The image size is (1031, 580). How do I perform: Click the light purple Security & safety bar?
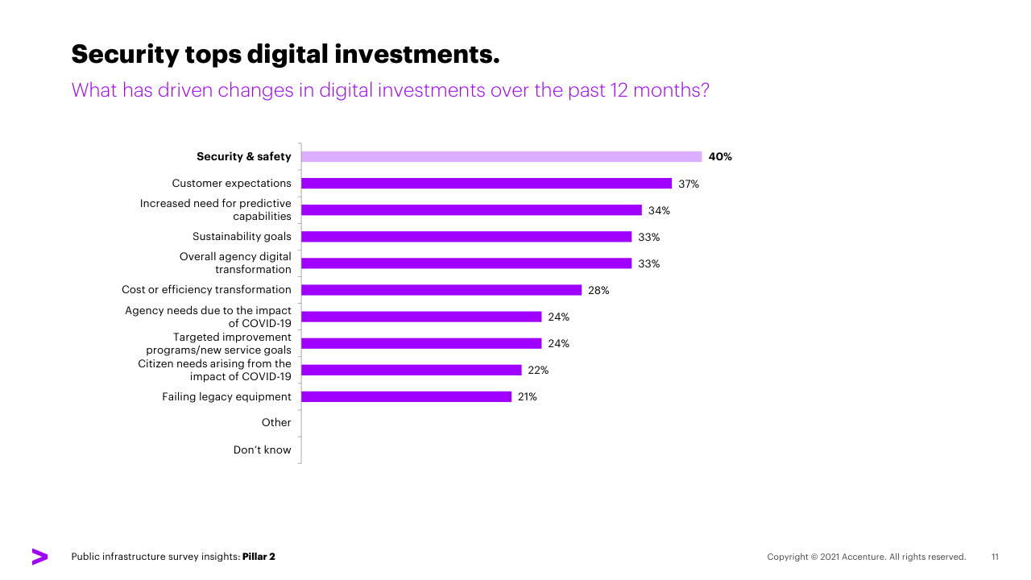click(x=501, y=157)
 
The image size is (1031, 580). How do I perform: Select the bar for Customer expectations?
click(x=487, y=184)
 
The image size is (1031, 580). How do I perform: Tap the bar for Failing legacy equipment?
click(x=406, y=396)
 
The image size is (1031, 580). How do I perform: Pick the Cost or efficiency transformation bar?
click(x=441, y=290)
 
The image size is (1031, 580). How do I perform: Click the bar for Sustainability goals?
click(x=466, y=237)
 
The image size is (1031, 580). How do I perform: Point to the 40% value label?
click(x=720, y=157)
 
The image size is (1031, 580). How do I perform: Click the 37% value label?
click(x=689, y=184)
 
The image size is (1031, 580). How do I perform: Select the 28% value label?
click(x=598, y=290)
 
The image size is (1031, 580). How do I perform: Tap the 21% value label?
click(x=528, y=396)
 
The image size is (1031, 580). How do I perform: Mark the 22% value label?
click(x=538, y=370)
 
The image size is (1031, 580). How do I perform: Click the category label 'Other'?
click(x=276, y=423)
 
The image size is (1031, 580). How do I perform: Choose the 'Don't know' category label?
click(x=263, y=449)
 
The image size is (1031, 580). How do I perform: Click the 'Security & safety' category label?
click(x=244, y=157)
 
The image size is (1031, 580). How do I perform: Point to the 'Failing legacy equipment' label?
click(x=226, y=396)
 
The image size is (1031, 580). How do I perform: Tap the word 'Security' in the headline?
click(x=124, y=54)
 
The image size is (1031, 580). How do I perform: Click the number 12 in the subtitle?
click(x=616, y=89)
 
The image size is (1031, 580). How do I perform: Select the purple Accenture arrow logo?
click(x=39, y=557)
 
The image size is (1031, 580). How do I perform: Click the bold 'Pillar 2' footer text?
click(x=259, y=557)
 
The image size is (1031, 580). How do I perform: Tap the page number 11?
click(x=995, y=557)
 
